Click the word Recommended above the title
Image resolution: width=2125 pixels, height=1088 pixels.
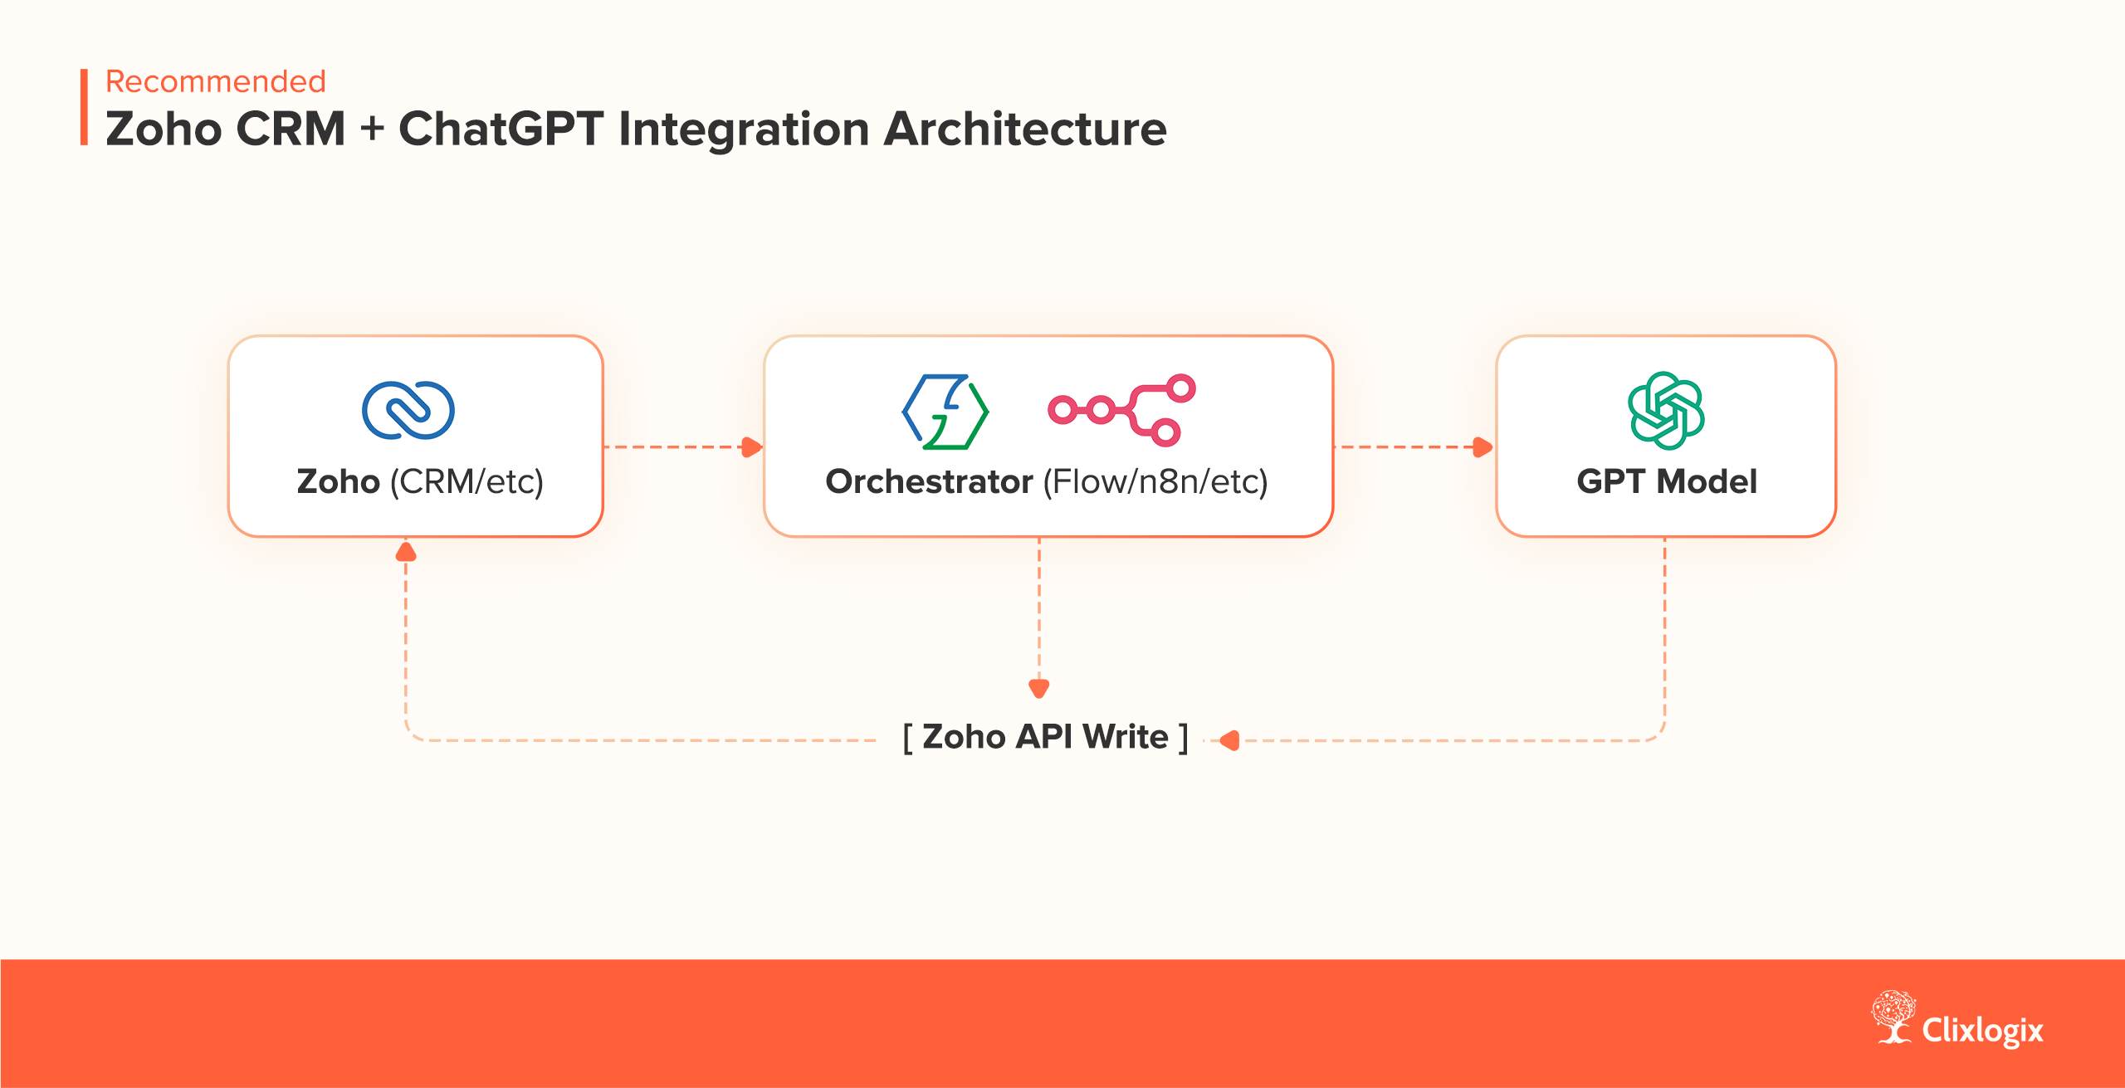[215, 81]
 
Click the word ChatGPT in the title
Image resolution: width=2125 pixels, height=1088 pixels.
[501, 129]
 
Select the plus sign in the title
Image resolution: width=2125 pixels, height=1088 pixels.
[372, 129]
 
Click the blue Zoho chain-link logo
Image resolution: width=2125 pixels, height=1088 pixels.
[408, 410]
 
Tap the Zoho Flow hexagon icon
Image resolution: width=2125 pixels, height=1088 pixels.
[945, 412]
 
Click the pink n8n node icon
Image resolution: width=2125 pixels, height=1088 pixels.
[1121, 410]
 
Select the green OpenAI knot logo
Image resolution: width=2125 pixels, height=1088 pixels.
[1665, 410]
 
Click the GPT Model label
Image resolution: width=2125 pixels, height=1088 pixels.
[1666, 481]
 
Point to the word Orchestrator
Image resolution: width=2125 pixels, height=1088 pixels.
[929, 481]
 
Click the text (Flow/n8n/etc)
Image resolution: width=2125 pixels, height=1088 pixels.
[1155, 481]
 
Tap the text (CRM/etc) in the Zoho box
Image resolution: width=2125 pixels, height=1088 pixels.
[467, 481]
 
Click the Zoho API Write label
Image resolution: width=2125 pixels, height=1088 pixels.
[1045, 737]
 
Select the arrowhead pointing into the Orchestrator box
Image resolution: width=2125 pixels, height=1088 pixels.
[751, 447]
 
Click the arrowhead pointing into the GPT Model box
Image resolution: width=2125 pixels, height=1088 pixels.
[1483, 447]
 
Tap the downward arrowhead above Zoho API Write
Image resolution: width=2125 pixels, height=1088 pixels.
[1038, 688]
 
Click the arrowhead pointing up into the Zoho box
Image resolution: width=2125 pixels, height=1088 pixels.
[406, 552]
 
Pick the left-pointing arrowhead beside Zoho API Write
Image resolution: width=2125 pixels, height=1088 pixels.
[1230, 740]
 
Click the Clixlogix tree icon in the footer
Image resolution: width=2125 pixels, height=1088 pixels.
[1892, 1016]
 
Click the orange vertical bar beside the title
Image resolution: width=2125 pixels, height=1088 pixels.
[84, 107]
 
